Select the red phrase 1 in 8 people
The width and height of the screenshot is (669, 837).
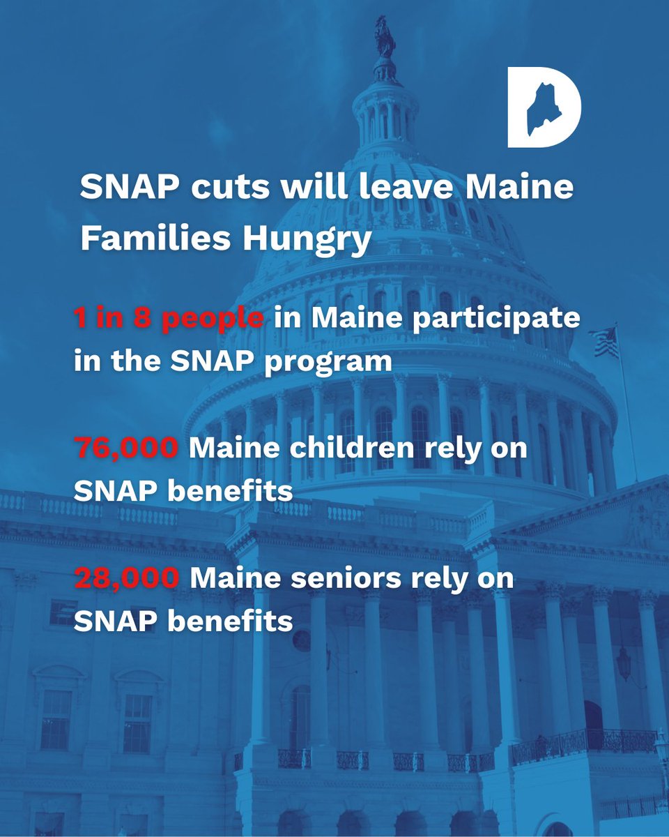(x=169, y=319)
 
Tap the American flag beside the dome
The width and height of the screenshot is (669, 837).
(x=603, y=342)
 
